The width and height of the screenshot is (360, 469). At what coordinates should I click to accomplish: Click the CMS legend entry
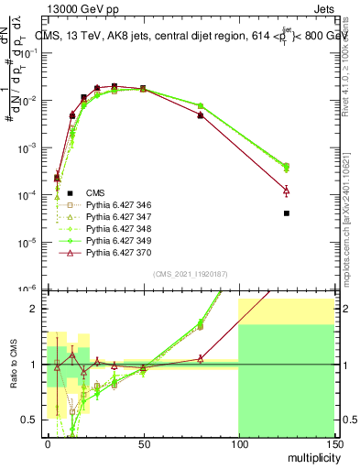tap(95, 192)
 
